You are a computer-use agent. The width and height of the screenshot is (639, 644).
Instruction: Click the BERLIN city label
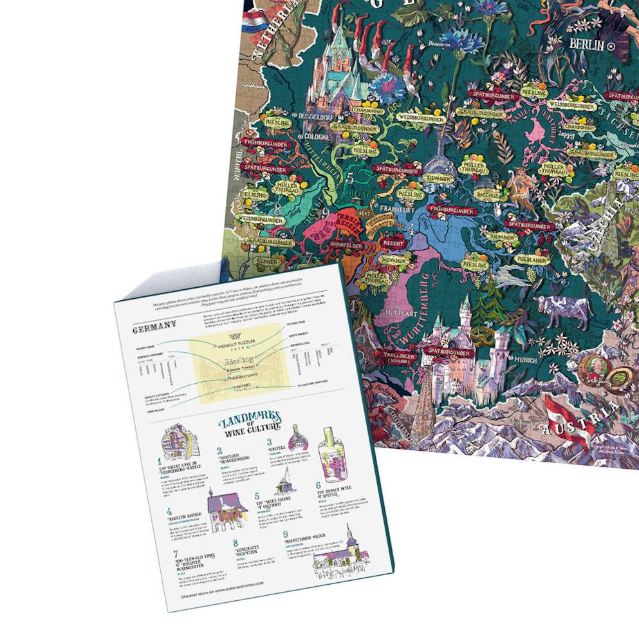pos(586,45)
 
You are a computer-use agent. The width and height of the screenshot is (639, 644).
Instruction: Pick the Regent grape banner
pos(393,243)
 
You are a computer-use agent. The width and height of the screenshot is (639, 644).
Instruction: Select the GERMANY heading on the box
pos(154,330)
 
